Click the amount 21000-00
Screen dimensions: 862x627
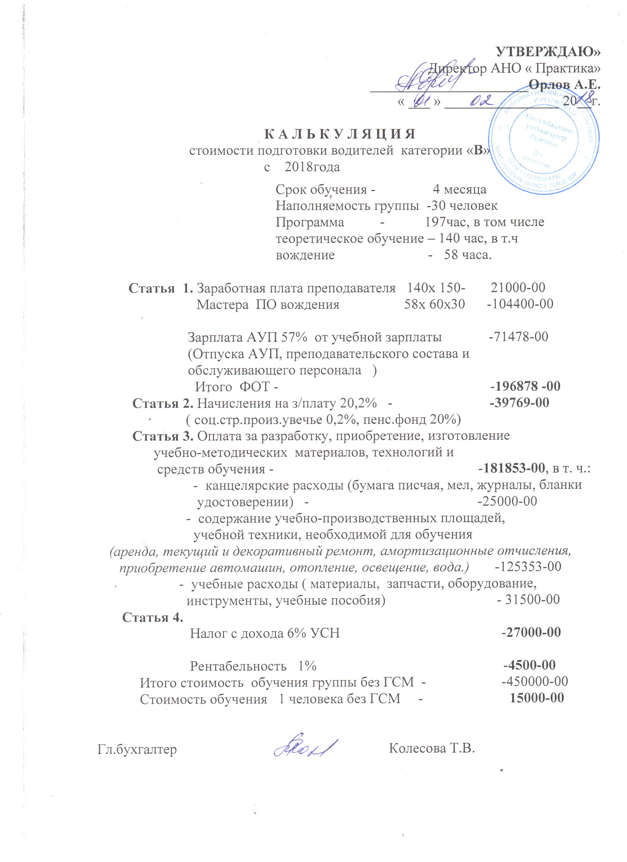point(518,288)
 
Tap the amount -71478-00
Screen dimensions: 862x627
point(518,337)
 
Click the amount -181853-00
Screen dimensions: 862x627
point(511,468)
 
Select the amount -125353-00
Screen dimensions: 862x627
point(528,567)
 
